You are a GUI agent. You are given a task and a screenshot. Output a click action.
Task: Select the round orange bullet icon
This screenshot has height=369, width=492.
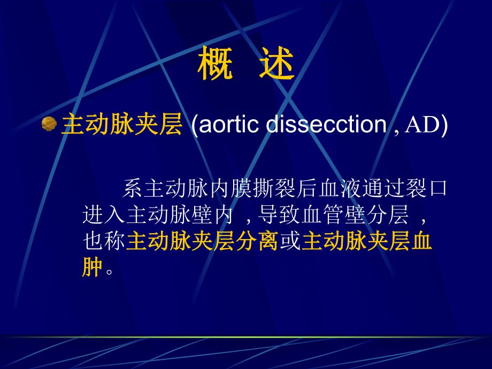tap(50, 125)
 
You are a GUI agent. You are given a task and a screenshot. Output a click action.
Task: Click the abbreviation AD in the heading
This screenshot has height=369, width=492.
tap(424, 125)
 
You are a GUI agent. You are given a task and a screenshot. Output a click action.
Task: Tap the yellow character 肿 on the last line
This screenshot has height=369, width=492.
tap(93, 268)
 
